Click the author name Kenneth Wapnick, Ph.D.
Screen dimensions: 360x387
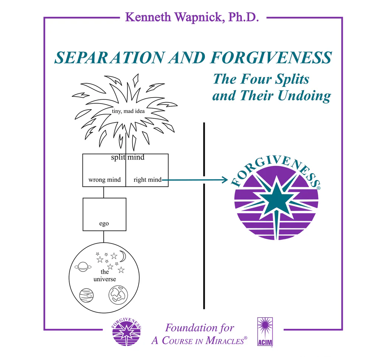coord(192,17)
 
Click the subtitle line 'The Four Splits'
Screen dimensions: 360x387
coord(261,79)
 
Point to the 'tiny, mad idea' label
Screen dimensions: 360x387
coord(128,111)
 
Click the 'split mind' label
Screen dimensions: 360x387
coord(127,157)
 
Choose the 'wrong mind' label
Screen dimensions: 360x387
coord(104,180)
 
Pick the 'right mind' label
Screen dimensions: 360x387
coord(147,180)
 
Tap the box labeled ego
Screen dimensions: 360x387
coord(104,214)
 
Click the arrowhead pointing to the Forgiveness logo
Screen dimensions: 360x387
coord(225,180)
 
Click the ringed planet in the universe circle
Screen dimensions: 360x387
coord(82,267)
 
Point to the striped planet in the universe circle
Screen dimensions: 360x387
coord(86,295)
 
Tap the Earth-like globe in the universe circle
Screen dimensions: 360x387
coord(118,294)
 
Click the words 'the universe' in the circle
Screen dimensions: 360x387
coord(105,276)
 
